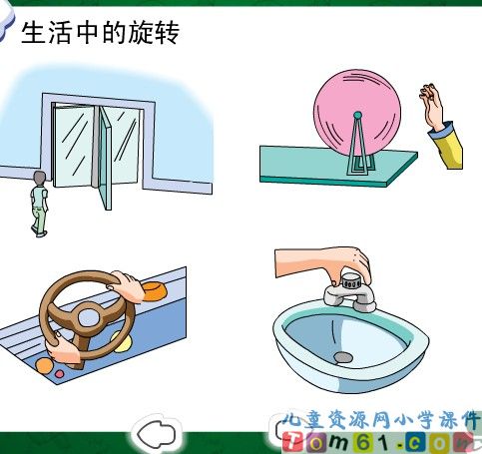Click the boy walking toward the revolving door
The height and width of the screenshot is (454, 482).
[40, 204]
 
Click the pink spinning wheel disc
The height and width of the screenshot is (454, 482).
[357, 113]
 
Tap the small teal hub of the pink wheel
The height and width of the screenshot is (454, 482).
[357, 116]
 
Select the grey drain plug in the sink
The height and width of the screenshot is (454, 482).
[343, 357]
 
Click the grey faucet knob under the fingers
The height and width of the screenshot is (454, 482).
[352, 281]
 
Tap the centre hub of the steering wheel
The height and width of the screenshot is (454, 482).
[89, 317]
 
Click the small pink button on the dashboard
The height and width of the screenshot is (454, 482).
[59, 374]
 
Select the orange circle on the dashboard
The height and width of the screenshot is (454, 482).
[44, 366]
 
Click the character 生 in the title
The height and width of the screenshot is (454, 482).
[33, 32]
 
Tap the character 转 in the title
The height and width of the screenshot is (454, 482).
[168, 32]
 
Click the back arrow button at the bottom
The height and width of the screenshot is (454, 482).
[157, 433]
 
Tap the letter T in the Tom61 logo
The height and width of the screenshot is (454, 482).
[291, 442]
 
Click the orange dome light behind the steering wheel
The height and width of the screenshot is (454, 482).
[155, 291]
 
